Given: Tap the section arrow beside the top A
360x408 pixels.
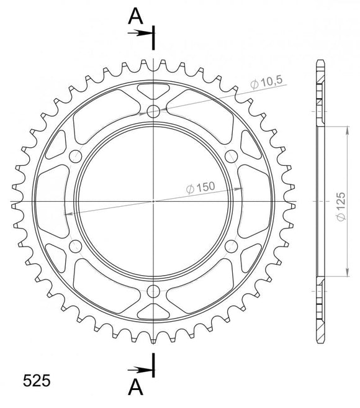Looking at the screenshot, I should (x=142, y=33).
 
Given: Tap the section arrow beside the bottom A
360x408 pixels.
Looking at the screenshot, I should (x=142, y=371).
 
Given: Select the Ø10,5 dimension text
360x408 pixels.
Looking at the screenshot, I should (x=268, y=82).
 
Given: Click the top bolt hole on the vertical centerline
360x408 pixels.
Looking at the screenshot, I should (x=153, y=112).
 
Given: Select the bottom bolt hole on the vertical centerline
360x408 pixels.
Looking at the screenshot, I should (x=153, y=291).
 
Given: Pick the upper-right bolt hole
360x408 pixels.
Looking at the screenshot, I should (x=231, y=156).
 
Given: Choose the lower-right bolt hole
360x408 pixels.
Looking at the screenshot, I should (x=231, y=247).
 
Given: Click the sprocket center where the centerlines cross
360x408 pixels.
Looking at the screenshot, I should (x=153, y=201).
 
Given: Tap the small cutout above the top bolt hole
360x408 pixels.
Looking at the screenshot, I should (x=153, y=91).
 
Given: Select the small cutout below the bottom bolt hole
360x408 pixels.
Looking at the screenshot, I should (x=153, y=312).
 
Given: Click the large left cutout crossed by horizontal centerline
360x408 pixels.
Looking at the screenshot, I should (x=50, y=201).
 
